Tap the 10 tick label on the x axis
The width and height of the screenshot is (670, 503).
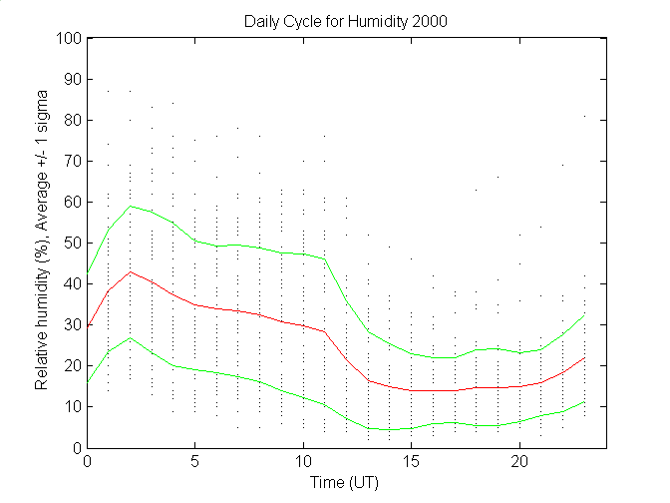(x=304, y=462)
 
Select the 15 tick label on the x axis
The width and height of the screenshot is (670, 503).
(x=412, y=462)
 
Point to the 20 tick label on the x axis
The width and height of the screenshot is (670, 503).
(x=519, y=462)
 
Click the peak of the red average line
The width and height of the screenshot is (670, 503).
(x=131, y=271)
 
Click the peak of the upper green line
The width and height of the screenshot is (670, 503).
(x=131, y=206)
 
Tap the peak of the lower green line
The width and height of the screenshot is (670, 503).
(x=131, y=337)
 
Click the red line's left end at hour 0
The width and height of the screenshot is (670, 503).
(x=88, y=327)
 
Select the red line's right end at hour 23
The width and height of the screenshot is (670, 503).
(x=584, y=357)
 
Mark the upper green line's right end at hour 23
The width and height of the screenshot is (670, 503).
(x=584, y=315)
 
